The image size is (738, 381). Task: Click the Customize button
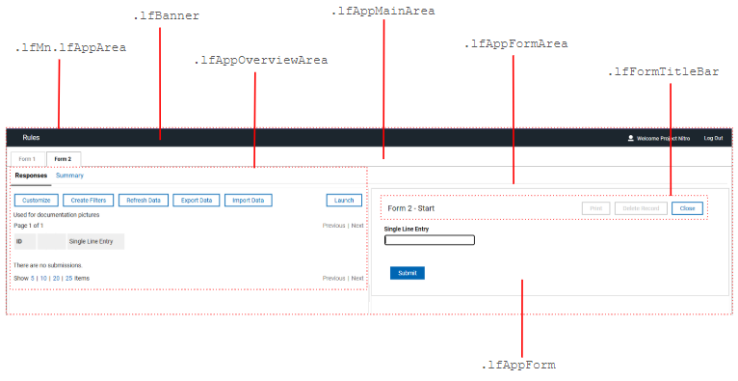pyautogui.click(x=37, y=201)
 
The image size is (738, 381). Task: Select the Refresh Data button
pyautogui.click(x=143, y=201)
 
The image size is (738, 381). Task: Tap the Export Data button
pyautogui.click(x=196, y=201)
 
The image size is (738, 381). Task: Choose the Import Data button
pyautogui.click(x=249, y=201)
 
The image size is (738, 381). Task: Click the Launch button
pyautogui.click(x=344, y=201)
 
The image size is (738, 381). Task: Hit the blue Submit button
pyautogui.click(x=407, y=273)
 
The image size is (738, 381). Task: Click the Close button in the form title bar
pyautogui.click(x=687, y=208)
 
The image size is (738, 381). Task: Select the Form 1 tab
pyautogui.click(x=27, y=159)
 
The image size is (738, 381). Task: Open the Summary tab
pyautogui.click(x=69, y=176)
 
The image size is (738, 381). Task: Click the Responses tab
pyautogui.click(x=31, y=176)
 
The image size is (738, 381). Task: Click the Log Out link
pyautogui.click(x=713, y=139)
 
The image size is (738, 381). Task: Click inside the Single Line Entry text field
pyautogui.click(x=429, y=240)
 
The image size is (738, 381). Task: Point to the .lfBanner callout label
pyautogui.click(x=166, y=16)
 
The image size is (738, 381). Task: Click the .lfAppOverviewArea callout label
pyautogui.click(x=260, y=60)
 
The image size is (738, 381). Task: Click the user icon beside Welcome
pyautogui.click(x=630, y=139)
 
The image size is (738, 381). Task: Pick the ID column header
pyautogui.click(x=19, y=241)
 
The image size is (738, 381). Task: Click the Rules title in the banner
pyautogui.click(x=31, y=138)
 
